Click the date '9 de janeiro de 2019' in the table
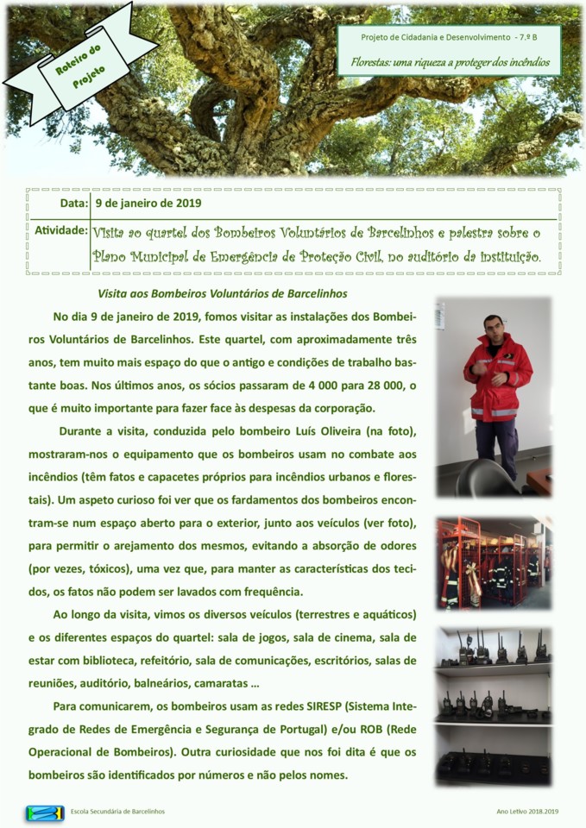click(x=148, y=204)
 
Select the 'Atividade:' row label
click(x=60, y=231)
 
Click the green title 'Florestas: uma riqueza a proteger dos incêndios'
click(x=450, y=62)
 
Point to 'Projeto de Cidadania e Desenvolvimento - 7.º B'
click(x=449, y=38)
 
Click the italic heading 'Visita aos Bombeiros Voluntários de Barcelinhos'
click(x=222, y=294)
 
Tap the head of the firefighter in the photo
click(x=494, y=328)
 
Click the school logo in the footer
click(x=45, y=812)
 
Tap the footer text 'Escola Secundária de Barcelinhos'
click(x=117, y=812)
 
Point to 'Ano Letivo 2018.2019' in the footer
click(x=527, y=812)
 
